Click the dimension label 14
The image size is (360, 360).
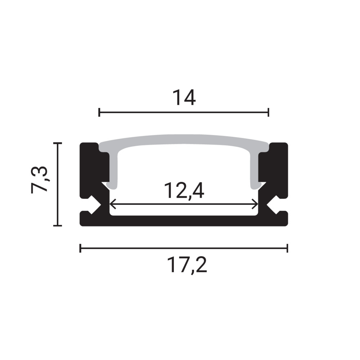184,98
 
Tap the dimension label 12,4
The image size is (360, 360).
184,190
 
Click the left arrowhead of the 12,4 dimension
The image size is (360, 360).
112,204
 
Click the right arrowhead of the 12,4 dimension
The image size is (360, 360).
255,204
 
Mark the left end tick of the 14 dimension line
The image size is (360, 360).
99,112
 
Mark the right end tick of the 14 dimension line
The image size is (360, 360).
268,112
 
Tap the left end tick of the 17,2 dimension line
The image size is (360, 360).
80,248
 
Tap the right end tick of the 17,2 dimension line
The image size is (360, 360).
287,248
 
